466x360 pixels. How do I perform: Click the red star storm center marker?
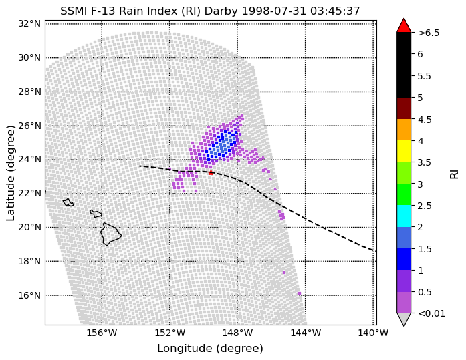[x=211, y=172]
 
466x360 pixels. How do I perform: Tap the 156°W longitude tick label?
[x=102, y=333]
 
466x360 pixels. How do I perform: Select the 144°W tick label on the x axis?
[x=306, y=333]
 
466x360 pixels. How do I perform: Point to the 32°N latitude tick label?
[x=29, y=24]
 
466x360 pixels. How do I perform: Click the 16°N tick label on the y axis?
[x=29, y=295]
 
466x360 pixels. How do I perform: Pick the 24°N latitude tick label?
[x=29, y=160]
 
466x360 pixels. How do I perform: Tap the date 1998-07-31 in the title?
[x=273, y=11]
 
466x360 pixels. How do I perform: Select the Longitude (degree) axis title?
[x=210, y=349]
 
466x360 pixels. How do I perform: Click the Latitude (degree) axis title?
[x=11, y=173]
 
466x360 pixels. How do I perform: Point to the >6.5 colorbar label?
[x=429, y=33]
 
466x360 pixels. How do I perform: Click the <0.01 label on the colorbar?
[x=431, y=313]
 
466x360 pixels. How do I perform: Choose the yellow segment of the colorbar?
[x=404, y=152]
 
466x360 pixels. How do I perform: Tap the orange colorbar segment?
[x=404, y=130]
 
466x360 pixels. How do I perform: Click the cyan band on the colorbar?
[x=404, y=216]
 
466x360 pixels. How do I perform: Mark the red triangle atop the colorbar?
[x=404, y=26]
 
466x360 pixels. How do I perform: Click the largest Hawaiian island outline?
[x=110, y=234]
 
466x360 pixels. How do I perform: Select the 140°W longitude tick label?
[x=373, y=333]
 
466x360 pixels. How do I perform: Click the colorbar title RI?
[x=455, y=174]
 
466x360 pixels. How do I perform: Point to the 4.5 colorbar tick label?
[x=425, y=120]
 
